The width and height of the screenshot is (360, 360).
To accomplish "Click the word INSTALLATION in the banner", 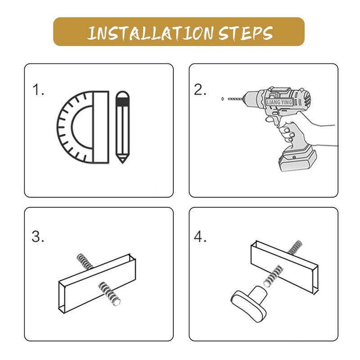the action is [151, 33].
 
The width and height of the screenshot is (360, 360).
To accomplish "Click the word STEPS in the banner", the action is [246, 33].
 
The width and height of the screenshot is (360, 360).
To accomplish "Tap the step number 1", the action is [38, 90].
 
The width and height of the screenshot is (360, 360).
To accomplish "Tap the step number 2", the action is [200, 90].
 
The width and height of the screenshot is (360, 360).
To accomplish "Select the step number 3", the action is [38, 237].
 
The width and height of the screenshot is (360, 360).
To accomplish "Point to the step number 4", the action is [200, 237].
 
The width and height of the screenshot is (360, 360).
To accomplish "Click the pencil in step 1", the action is [122, 127].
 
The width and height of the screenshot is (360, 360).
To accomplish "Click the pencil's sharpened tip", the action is [122, 162].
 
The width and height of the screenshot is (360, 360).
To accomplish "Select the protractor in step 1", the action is [83, 127].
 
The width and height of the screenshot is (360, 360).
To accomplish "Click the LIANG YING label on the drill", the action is [279, 102].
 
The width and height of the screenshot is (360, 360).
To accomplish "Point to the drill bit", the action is [235, 99].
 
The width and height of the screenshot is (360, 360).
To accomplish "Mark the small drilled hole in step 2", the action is [222, 99].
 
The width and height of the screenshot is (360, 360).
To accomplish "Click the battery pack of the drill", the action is [297, 159].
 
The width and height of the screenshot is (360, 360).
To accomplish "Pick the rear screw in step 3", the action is [85, 261].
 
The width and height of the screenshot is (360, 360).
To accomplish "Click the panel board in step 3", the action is [97, 283].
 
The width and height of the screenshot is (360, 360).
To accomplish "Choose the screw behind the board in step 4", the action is [295, 247].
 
